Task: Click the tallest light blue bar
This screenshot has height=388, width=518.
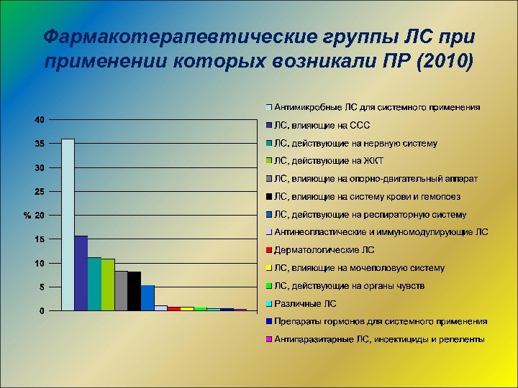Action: pos(68,224)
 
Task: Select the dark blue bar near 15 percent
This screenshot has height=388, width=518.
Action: pos(81,273)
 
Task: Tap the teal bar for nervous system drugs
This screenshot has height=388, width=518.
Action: pos(94,284)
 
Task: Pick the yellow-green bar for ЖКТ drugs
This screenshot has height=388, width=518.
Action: pos(108,285)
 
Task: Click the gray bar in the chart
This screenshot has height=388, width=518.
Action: pos(121,291)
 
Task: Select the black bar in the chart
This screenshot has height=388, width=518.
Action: pos(135,291)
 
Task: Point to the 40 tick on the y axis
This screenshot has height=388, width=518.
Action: pos(40,119)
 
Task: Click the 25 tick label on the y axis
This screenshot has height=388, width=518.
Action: pos(40,191)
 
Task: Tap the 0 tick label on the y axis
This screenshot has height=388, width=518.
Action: pos(42,310)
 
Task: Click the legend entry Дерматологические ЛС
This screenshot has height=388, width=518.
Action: pos(324,250)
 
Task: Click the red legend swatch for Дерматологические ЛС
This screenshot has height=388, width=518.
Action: pos(268,250)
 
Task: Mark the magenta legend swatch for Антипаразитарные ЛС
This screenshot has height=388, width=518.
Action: pos(268,339)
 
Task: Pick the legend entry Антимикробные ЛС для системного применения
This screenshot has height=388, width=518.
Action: pos(376,107)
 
